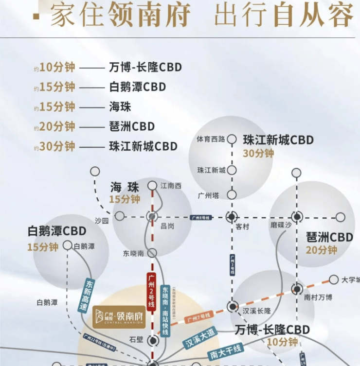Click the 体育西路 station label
(x=210, y=139)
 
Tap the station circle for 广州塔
(x=232, y=194)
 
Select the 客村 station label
(x=242, y=227)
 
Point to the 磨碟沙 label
(x=281, y=226)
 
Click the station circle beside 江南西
(x=152, y=185)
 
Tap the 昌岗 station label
(x=167, y=226)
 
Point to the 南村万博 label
(x=318, y=297)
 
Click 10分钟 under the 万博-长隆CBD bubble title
(x=282, y=342)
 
